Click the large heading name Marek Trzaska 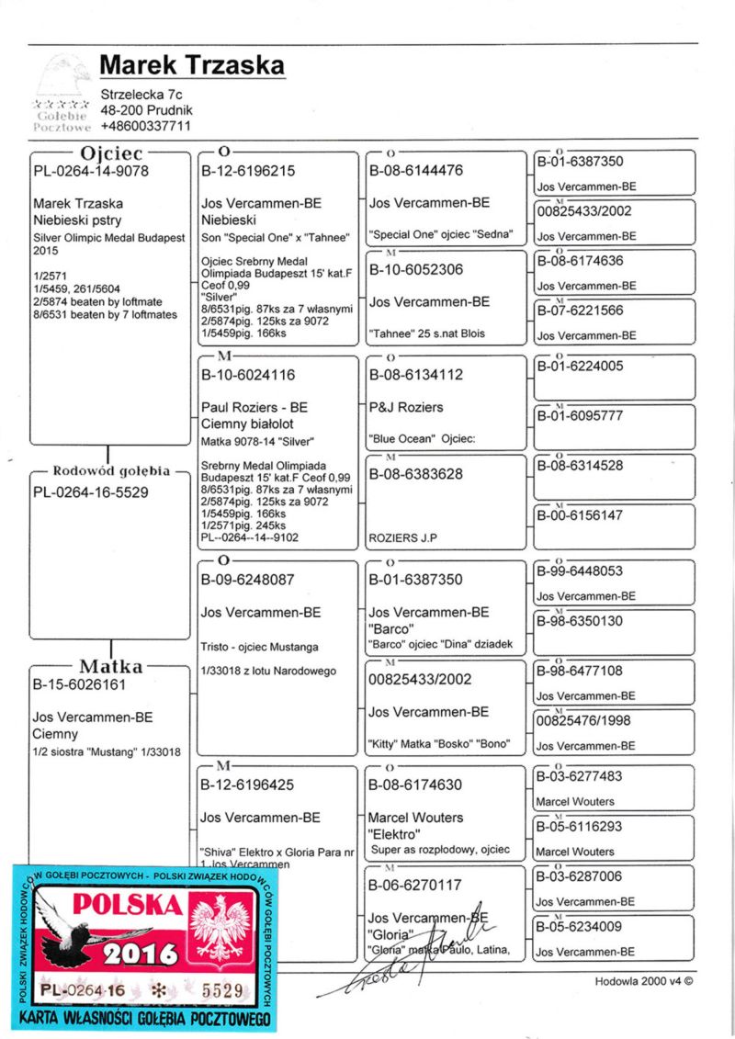pos(192,65)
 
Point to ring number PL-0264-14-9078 pos(91,171)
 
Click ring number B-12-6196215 pos(248,171)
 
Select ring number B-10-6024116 pos(248,375)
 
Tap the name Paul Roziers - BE pos(254,407)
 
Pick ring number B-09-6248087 pos(248,581)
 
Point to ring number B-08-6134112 pos(415,375)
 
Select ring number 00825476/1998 pos(583,721)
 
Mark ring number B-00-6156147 pos(580,515)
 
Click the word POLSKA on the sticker pos(127,904)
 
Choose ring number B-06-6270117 pos(415,886)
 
